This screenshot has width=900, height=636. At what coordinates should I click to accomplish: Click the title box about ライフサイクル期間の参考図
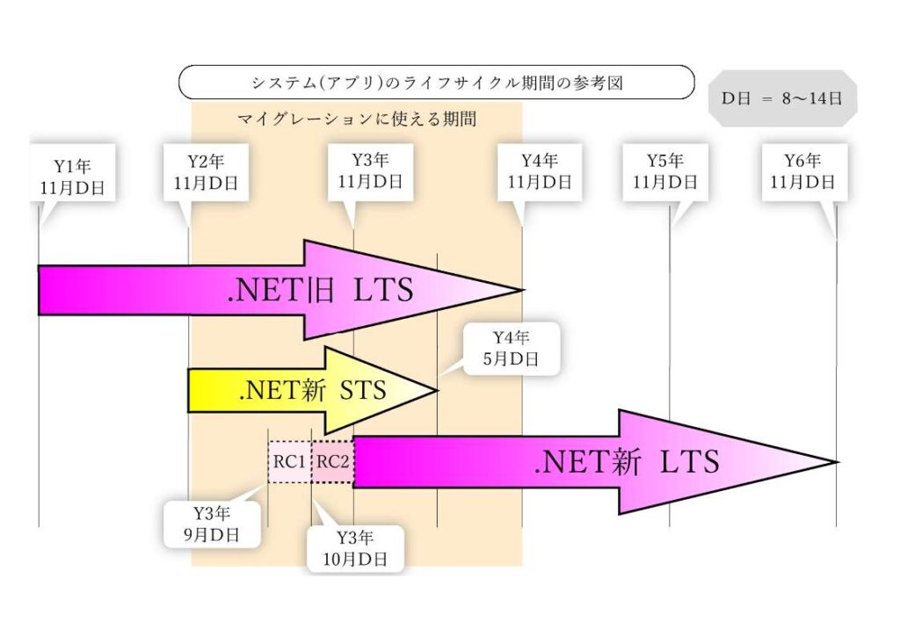pos(436,83)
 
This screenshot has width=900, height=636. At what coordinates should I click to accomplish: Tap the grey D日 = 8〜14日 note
pos(783,98)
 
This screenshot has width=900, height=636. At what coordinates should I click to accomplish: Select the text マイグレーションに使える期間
pos(357,119)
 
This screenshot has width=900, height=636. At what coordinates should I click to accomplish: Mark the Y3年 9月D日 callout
pos(213,524)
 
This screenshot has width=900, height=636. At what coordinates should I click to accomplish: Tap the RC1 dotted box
pos(289,462)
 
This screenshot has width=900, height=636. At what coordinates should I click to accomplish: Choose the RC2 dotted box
pos(332,462)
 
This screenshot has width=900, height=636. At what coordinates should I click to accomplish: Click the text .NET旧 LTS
pos(321,291)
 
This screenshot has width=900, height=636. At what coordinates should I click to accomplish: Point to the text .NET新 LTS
pos(627,462)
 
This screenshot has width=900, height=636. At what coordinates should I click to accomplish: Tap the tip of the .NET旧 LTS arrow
pos(522,290)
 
